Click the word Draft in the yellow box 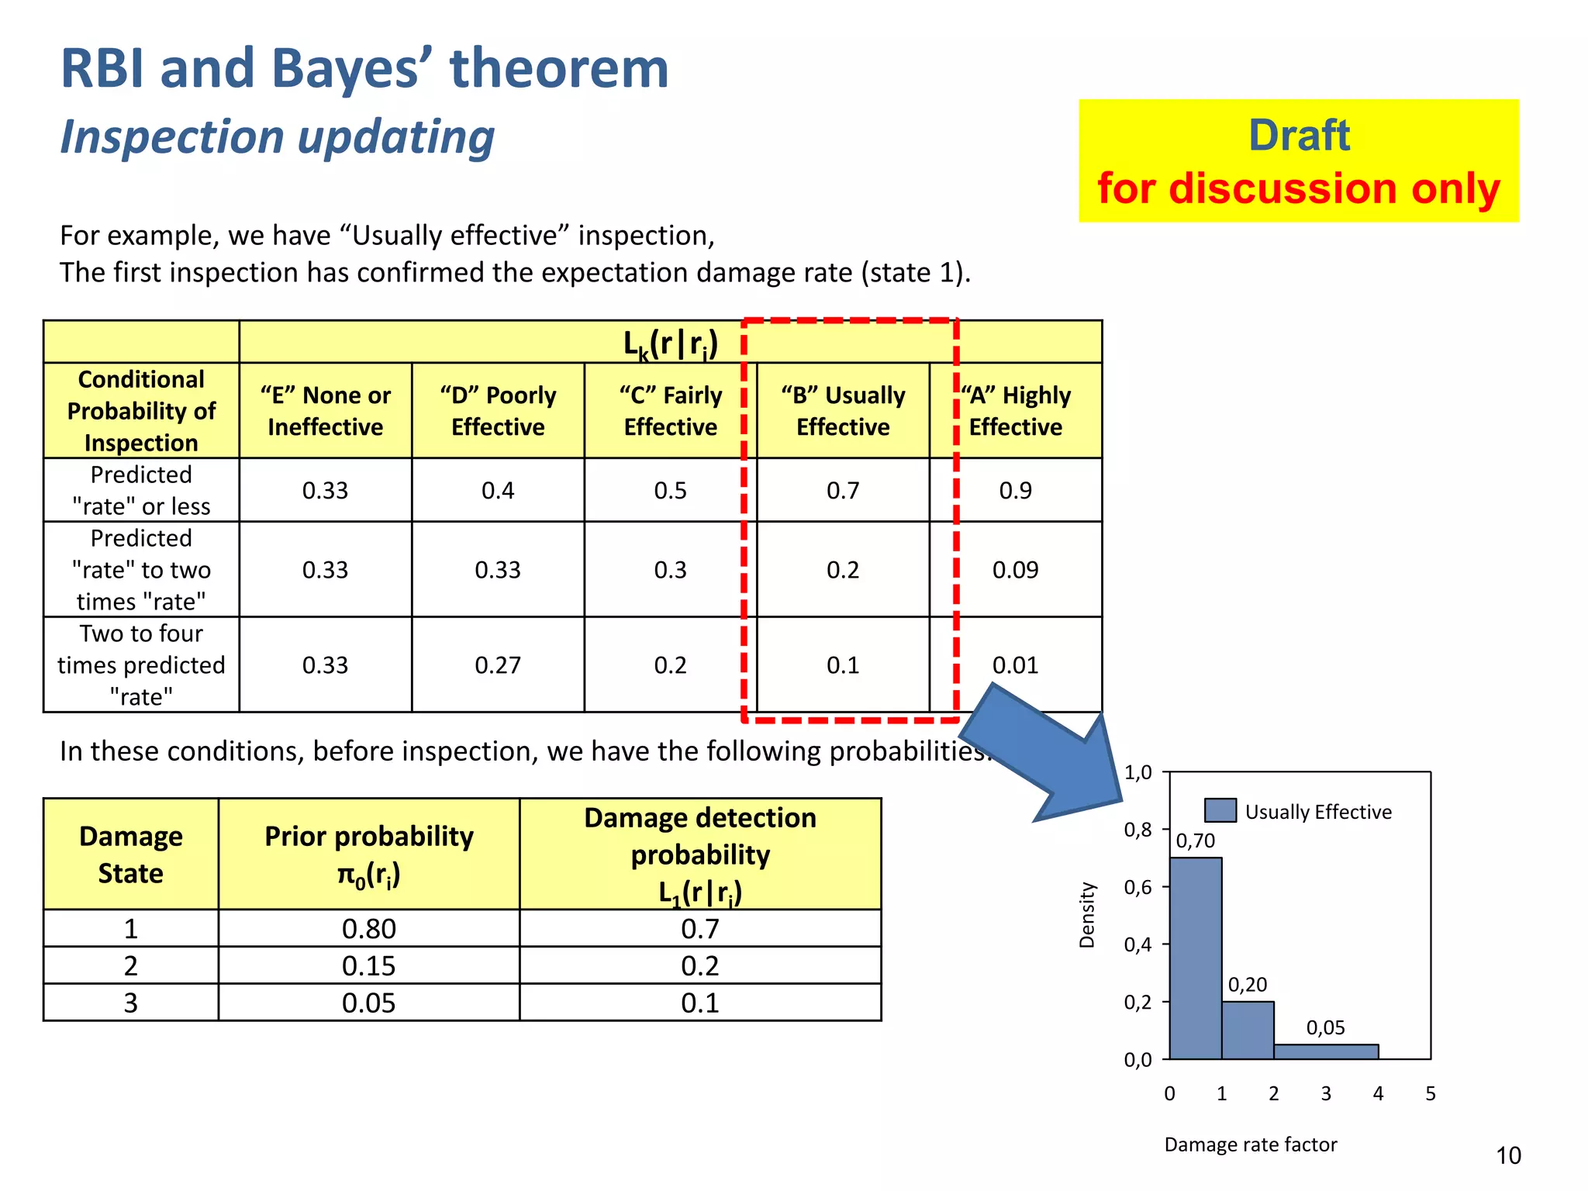[1299, 135]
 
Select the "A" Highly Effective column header [1016, 411]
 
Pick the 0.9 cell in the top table [1015, 490]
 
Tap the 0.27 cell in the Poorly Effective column [498, 665]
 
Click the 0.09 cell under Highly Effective [1015, 570]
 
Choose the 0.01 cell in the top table [1015, 665]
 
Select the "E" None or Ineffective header [325, 411]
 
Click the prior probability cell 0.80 [368, 929]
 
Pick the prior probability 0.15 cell [368, 966]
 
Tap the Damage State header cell [130, 854]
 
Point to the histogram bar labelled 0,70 [1196, 958]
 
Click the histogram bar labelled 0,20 [1248, 1030]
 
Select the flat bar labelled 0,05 [1326, 1052]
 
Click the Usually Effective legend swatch [1220, 810]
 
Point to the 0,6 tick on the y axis [1137, 887]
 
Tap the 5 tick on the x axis [1431, 1093]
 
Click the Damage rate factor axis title [1250, 1144]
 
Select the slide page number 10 [1508, 1155]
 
